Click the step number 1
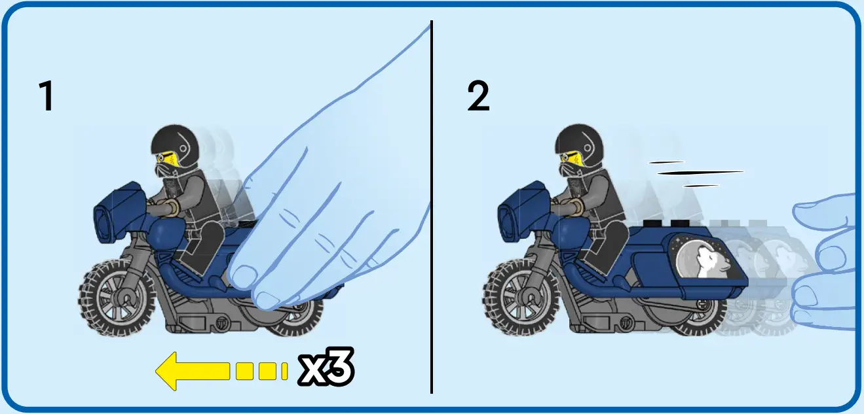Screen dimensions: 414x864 (46, 97)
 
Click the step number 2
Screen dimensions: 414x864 (478, 97)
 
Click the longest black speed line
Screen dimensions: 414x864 (700, 173)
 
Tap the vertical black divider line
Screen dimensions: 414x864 (431, 209)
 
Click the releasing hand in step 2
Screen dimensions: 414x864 (829, 262)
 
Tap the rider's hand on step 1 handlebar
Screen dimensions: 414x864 (170, 208)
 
